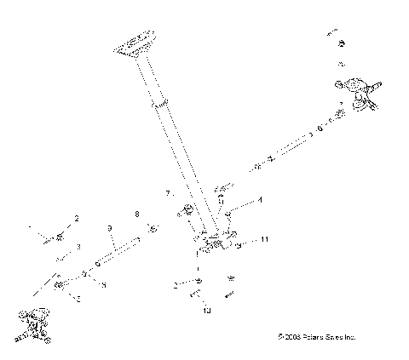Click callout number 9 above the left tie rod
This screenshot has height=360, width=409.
coord(110,228)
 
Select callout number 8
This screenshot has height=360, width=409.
coord(136,214)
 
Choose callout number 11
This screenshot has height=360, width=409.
coord(265,241)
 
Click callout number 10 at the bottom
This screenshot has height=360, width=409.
coord(205,311)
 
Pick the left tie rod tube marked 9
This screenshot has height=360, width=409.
coord(115,254)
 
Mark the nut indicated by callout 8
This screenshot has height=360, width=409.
coord(151,228)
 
